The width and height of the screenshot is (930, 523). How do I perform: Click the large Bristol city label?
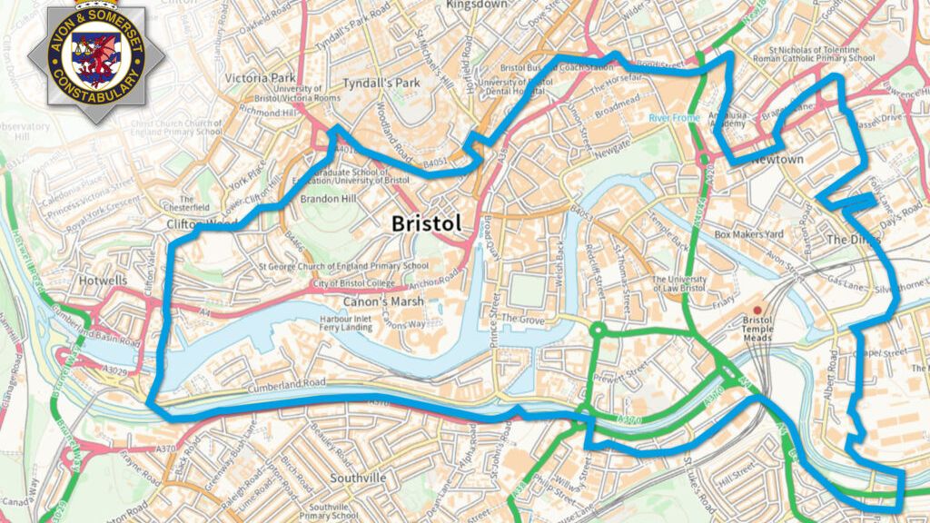click(426, 222)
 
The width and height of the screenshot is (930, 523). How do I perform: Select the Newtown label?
click(777, 160)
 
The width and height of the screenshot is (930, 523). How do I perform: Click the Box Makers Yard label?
click(748, 234)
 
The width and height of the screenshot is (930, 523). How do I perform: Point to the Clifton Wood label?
click(201, 224)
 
